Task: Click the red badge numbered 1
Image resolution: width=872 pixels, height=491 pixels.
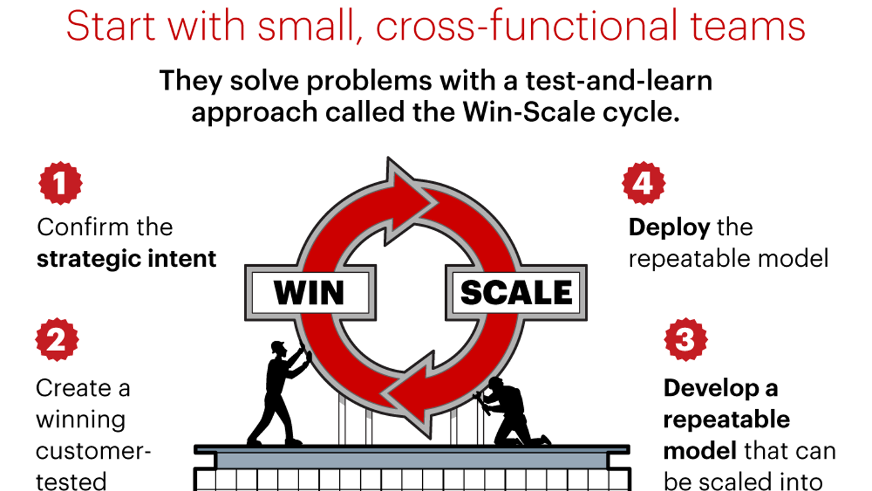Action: click(x=60, y=183)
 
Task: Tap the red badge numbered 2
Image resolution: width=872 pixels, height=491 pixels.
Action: click(x=57, y=339)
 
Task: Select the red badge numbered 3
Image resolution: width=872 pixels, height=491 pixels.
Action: click(x=685, y=339)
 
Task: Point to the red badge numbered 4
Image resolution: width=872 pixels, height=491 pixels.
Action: click(x=644, y=183)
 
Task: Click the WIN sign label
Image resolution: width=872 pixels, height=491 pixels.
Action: click(x=309, y=293)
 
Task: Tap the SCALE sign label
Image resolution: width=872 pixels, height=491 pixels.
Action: click(x=517, y=293)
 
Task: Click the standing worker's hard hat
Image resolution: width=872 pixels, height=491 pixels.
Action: click(x=277, y=347)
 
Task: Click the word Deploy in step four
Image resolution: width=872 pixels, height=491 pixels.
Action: click(x=669, y=227)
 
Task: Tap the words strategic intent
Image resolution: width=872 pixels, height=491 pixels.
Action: click(x=127, y=259)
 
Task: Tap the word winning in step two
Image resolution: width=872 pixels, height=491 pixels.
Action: click(x=81, y=419)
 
